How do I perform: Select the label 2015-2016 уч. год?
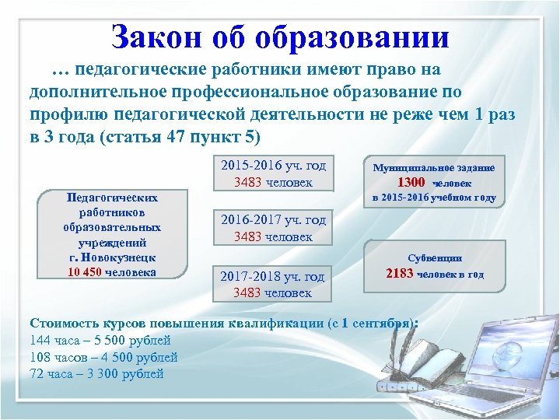coord(273,166)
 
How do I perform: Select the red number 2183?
coord(400,273)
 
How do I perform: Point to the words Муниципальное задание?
coord(434,167)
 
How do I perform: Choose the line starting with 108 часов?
coord(103,357)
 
